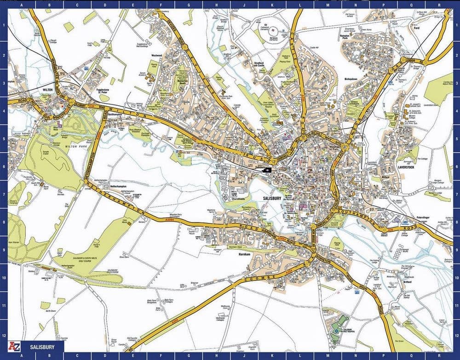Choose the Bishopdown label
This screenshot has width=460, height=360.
[x=354, y=79]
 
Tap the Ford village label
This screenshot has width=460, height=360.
[x=417, y=28]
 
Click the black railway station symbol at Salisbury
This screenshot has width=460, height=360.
[x=266, y=169]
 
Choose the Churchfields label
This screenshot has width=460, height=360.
[x=239, y=200]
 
